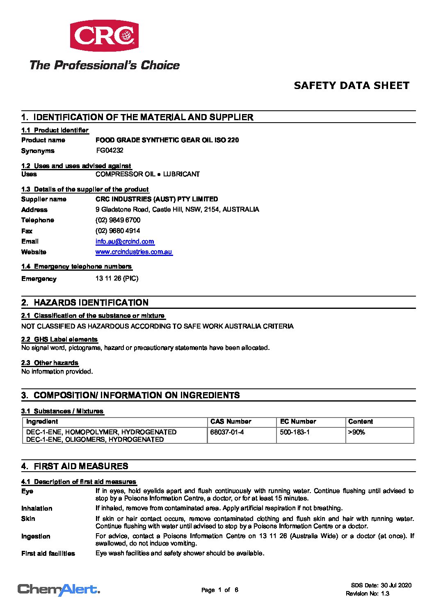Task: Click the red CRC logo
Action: pos(104,36)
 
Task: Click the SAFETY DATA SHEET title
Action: pos(352,86)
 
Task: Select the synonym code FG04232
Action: pos(110,151)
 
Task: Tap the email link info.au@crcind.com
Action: pos(125,242)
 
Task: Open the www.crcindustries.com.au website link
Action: pos(134,252)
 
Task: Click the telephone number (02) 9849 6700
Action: pos(118,220)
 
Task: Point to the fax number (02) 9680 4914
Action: pos(118,231)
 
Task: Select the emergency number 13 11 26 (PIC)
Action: pos(117,278)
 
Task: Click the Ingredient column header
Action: pos(42,422)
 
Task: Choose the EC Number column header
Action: pos(298,422)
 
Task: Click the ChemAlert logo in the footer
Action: pos(59,590)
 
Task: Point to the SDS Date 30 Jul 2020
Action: pos(381,585)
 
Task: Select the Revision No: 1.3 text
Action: pos(367,593)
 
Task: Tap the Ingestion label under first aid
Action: pos(36,536)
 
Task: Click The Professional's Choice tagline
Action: pos(105,65)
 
